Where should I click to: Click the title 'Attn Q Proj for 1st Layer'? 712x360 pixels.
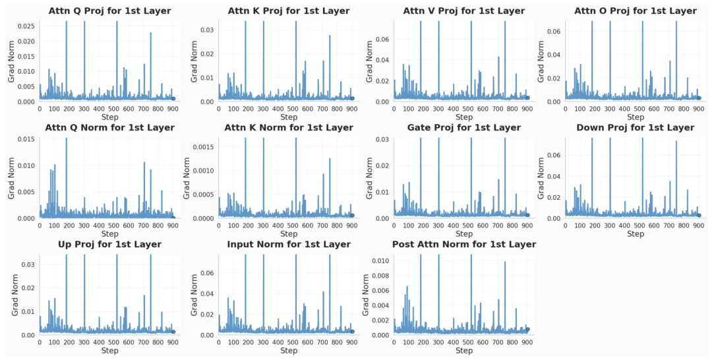point(109,11)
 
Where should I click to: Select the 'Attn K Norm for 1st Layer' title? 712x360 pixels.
point(289,128)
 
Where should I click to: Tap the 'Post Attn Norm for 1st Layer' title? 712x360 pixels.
point(464,245)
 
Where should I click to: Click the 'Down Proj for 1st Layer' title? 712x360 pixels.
point(635,128)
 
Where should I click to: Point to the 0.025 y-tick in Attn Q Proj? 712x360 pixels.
point(27,26)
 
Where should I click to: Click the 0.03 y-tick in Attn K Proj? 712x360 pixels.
point(209,30)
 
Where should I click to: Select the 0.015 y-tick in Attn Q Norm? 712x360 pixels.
point(27,138)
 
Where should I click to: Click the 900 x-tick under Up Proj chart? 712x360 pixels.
point(172,343)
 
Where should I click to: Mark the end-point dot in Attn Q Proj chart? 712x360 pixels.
point(173,99)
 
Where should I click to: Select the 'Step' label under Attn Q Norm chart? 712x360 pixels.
point(109,234)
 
